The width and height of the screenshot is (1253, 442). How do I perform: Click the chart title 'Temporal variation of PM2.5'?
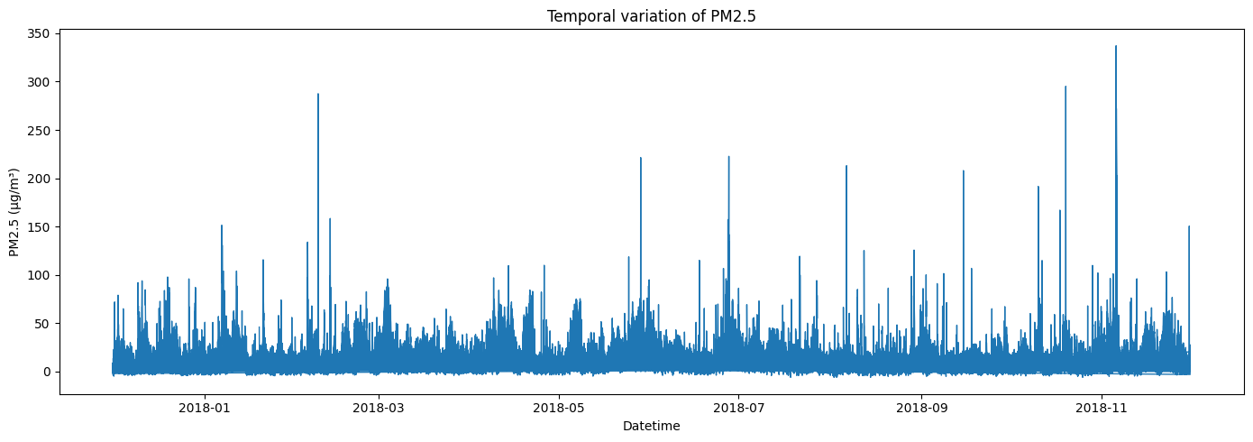point(650,15)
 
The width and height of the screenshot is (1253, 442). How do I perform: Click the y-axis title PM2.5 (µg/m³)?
point(15,212)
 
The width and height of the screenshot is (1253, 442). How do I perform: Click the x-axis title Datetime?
point(651,426)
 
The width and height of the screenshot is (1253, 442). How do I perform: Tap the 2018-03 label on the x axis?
point(379,407)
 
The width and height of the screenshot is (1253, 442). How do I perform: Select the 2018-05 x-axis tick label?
point(559,407)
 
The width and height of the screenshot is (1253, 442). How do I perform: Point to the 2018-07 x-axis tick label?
point(739,407)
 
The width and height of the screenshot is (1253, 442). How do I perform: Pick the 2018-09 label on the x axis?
point(921,407)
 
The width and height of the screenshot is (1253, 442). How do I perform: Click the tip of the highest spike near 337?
point(1116,46)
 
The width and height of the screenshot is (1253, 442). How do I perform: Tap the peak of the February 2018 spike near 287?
point(318,94)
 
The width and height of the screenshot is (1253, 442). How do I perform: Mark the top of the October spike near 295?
point(1066,87)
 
